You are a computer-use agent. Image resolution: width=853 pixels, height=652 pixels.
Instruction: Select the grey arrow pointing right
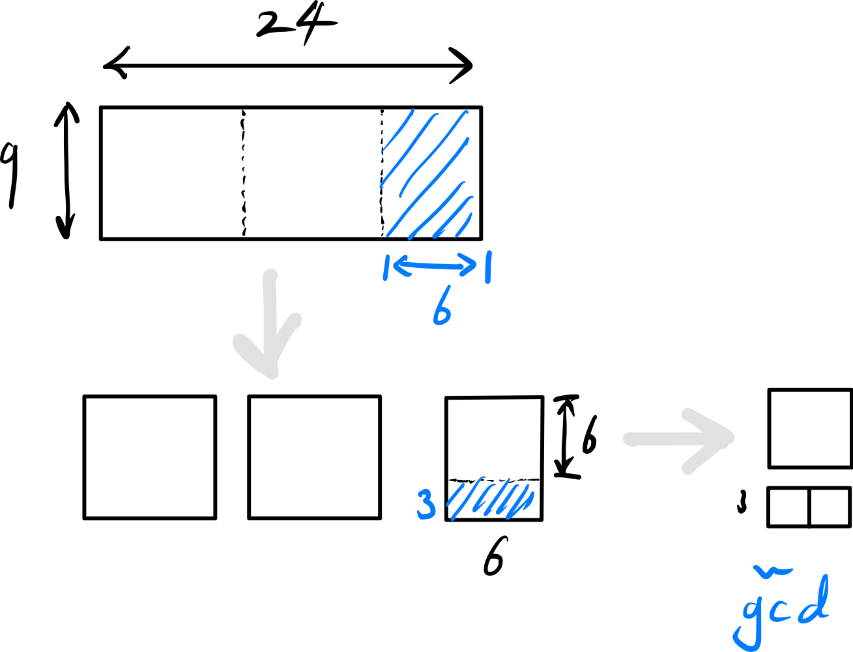tap(678, 439)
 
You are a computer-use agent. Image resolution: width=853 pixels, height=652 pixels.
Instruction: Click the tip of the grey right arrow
tap(730, 437)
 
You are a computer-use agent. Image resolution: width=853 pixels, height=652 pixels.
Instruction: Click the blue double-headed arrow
tap(435, 265)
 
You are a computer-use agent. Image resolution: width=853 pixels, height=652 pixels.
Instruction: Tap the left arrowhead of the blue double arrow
tap(396, 264)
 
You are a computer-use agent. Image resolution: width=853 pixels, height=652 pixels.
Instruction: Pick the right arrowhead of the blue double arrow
tap(474, 266)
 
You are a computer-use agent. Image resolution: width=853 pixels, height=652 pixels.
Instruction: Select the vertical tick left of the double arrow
tap(386, 267)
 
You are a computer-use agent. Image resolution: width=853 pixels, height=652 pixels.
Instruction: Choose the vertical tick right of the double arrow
tap(487, 267)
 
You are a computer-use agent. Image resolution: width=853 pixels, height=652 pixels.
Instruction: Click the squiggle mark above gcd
tap(770, 572)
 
